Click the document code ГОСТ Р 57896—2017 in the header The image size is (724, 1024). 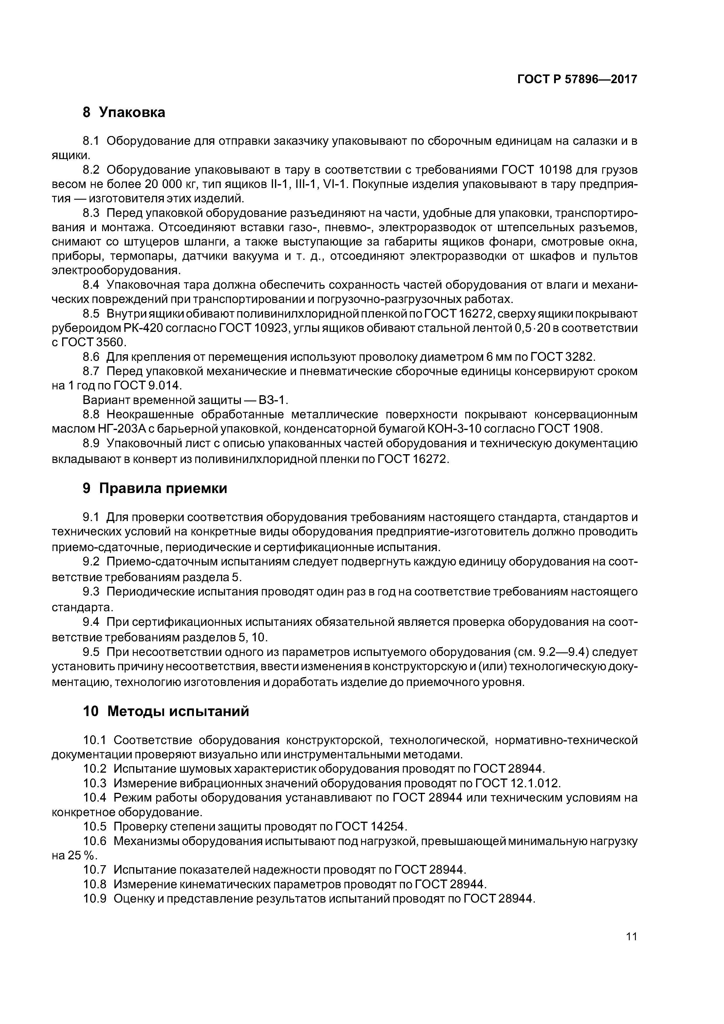[x=577, y=80]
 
